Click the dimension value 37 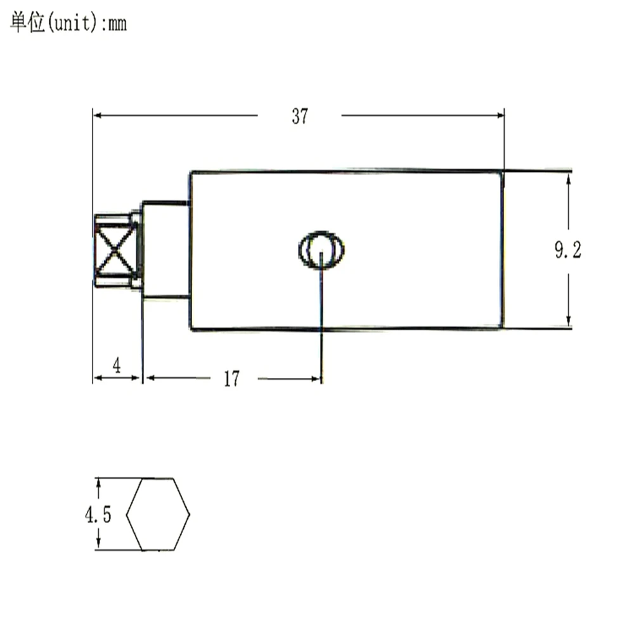[x=300, y=117]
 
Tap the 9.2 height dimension [x=567, y=250]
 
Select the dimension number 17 [x=231, y=379]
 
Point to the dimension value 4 [x=117, y=365]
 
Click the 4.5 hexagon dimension [x=98, y=515]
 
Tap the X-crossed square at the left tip [x=115, y=250]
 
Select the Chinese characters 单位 [x=27, y=22]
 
